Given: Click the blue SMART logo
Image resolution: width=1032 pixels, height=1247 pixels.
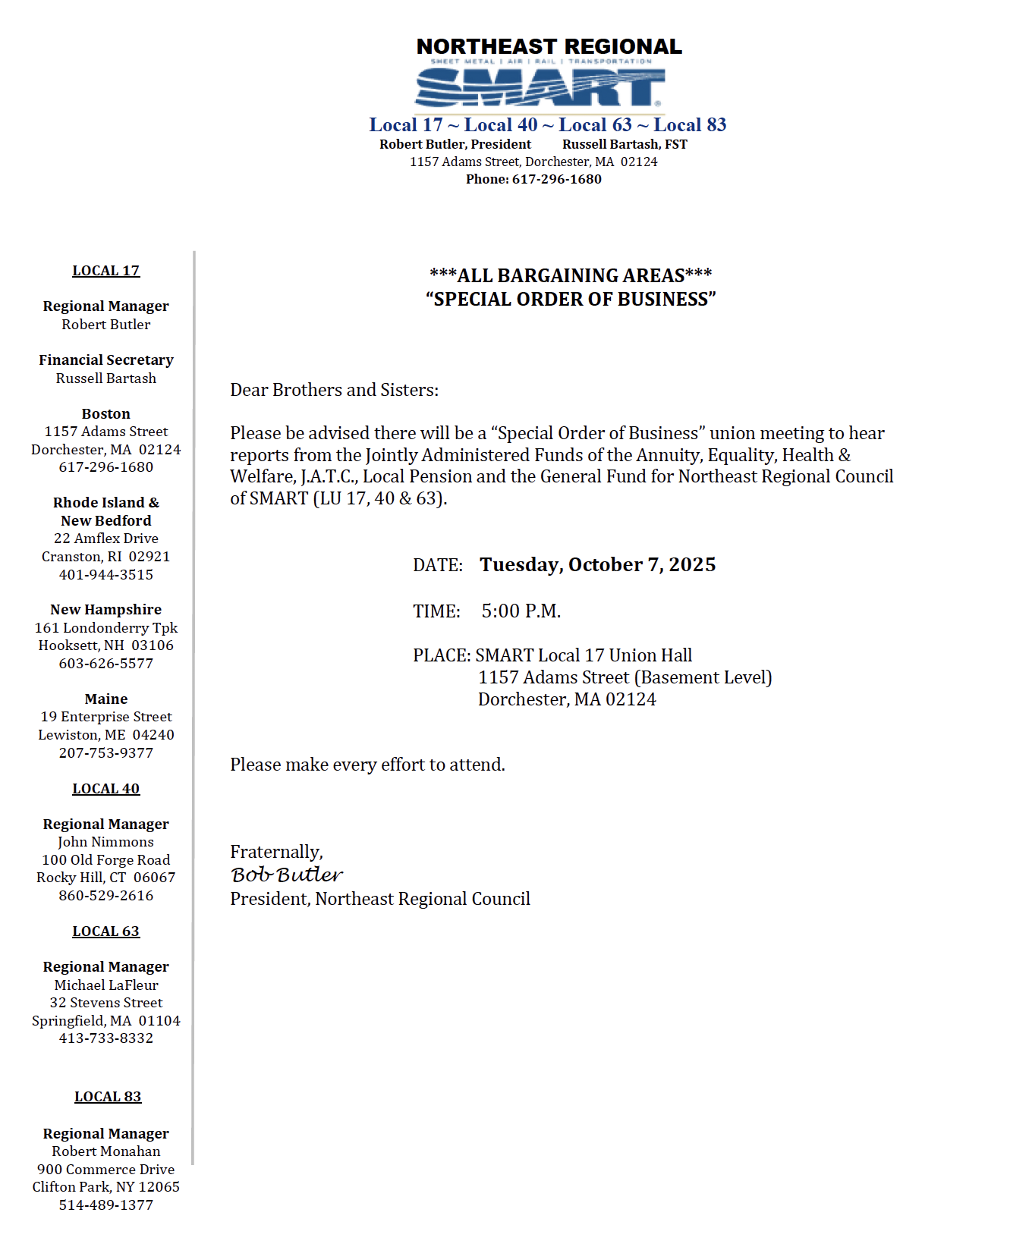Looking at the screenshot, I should pyautogui.click(x=540, y=87).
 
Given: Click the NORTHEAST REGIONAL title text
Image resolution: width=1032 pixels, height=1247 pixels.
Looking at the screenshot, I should pyautogui.click(x=549, y=47).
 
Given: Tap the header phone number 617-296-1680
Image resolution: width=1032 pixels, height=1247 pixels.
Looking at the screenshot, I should pyautogui.click(x=556, y=180).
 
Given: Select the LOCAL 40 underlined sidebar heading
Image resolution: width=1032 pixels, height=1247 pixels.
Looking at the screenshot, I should pyautogui.click(x=106, y=789).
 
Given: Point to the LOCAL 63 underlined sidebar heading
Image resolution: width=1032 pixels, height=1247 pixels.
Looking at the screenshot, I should pyautogui.click(x=106, y=931).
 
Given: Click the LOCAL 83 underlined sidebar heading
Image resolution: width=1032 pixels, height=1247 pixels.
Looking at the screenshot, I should pyautogui.click(x=108, y=1097).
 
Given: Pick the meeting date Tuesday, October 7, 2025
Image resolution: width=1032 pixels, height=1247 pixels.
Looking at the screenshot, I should pyautogui.click(x=597, y=565).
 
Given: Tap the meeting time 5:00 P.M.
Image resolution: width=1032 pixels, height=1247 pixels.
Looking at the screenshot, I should pyautogui.click(x=521, y=611).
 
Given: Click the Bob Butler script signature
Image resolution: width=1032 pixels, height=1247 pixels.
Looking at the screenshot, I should pyautogui.click(x=287, y=875).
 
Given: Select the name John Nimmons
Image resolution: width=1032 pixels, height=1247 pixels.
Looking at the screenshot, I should pyautogui.click(x=106, y=842).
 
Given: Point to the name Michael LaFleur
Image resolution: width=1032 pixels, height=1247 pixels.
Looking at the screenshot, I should pyautogui.click(x=106, y=985).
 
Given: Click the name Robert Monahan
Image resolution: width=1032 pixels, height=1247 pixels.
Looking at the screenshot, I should pyautogui.click(x=106, y=1151).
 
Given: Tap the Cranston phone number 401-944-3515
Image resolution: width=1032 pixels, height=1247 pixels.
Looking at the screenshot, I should pyautogui.click(x=106, y=575).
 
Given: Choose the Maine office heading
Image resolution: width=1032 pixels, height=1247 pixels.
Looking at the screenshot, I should pyautogui.click(x=106, y=699).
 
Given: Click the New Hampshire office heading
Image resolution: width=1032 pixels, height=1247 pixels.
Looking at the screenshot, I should pyautogui.click(x=106, y=610).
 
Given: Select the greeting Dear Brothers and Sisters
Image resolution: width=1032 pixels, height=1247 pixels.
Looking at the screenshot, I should pyautogui.click(x=335, y=391).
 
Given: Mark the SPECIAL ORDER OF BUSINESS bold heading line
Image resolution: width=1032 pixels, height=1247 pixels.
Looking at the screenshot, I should pyautogui.click(x=571, y=300).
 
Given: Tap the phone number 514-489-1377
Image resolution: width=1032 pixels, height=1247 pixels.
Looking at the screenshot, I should pyautogui.click(x=106, y=1205).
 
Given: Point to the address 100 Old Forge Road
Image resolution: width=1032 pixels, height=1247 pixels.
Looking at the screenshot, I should pyautogui.click(x=106, y=860).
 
